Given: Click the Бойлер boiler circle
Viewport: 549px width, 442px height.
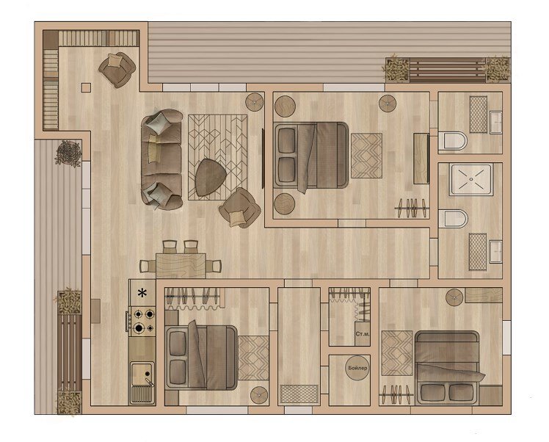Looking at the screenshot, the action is tap(357, 368).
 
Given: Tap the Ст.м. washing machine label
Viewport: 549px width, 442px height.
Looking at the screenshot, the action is tap(363, 334).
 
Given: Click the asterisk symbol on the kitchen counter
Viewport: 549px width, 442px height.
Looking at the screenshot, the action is tap(142, 293).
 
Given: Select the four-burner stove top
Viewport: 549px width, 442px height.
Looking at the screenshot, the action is tap(142, 321).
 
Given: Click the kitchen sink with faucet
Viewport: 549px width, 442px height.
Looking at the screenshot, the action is tap(142, 383).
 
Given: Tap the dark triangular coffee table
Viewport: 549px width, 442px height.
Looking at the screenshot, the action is tap(211, 177).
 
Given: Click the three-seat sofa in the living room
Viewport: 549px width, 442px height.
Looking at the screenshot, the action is tap(161, 159).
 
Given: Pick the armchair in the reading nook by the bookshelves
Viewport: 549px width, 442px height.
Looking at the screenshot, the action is tap(117, 70).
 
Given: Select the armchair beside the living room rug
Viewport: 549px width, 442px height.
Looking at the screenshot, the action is tap(240, 208).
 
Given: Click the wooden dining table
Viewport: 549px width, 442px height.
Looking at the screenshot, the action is tap(181, 266).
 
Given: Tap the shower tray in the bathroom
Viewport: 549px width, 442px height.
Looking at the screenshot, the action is tap(471, 179).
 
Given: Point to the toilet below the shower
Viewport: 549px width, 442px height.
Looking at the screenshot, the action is tap(453, 219).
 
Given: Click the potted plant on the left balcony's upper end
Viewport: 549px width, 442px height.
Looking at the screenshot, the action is tap(68, 153).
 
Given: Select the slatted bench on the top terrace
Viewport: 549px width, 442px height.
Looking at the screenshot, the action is tap(448, 69).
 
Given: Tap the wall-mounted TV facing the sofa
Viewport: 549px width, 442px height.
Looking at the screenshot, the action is tap(263, 159).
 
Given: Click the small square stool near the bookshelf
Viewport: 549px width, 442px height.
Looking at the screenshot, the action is tap(86, 87).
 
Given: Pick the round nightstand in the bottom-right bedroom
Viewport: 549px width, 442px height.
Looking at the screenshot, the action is tap(454, 297).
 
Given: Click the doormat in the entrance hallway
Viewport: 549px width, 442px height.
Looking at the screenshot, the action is tap(299, 394).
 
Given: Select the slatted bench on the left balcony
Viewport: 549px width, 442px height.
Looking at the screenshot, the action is tap(69, 352).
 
